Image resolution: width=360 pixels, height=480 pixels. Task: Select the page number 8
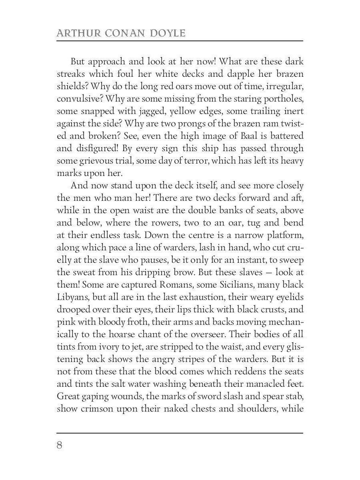tap(60, 445)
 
